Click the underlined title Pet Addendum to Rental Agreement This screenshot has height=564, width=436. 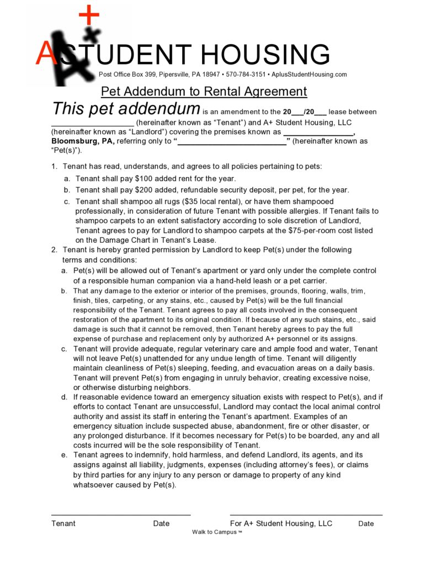pos(204,91)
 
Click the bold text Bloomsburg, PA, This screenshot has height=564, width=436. pos(83,141)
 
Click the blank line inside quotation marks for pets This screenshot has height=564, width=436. pos(232,143)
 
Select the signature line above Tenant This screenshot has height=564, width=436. pos(120,514)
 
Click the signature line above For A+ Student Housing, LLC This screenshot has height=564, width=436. pos(306,514)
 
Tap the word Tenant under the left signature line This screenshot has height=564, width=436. pos(63,523)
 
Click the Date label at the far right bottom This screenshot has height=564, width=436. pos(366,524)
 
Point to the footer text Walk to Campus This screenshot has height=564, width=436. pos(215,532)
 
